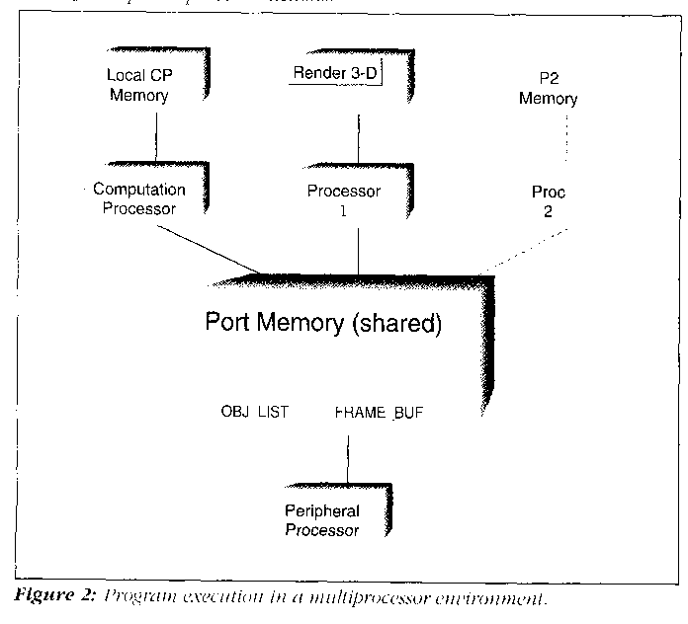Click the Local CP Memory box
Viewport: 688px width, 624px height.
pyautogui.click(x=138, y=86)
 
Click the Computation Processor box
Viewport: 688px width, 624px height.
pyautogui.click(x=138, y=198)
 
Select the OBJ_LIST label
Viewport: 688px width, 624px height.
pyautogui.click(x=254, y=412)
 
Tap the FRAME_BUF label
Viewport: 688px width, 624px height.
pyautogui.click(x=374, y=412)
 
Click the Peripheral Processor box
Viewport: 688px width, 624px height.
pyautogui.click(x=322, y=520)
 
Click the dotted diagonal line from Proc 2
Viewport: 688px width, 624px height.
pyautogui.click(x=524, y=251)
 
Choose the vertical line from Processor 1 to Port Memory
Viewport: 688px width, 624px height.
pyautogui.click(x=359, y=247)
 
